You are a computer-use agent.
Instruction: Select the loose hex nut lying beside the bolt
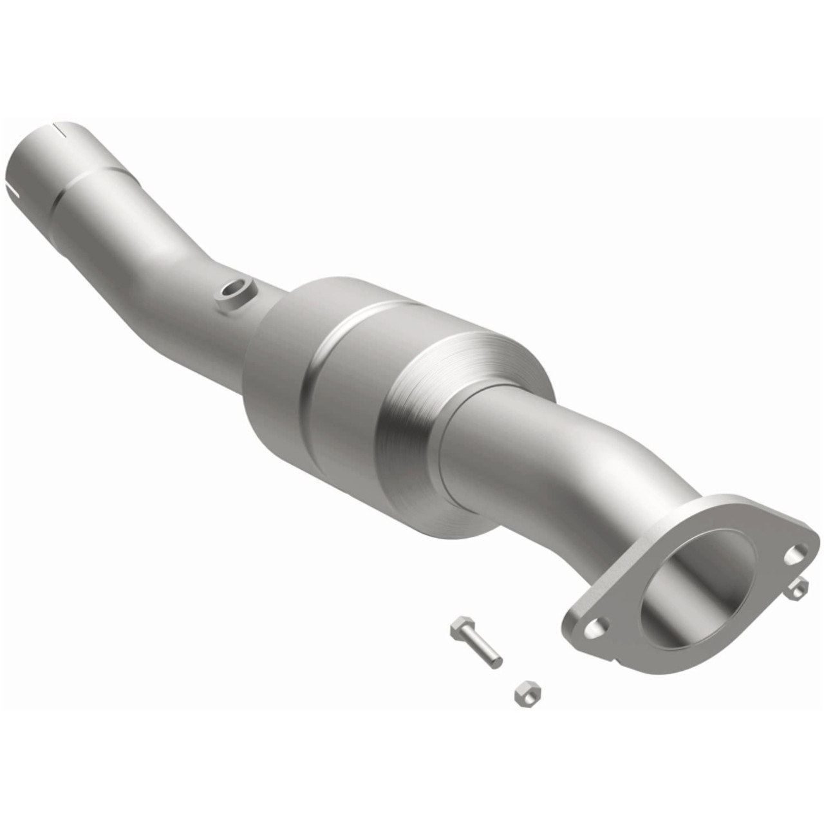[527, 693]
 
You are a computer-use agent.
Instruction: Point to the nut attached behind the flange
[799, 588]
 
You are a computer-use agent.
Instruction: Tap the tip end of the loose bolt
[496, 662]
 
